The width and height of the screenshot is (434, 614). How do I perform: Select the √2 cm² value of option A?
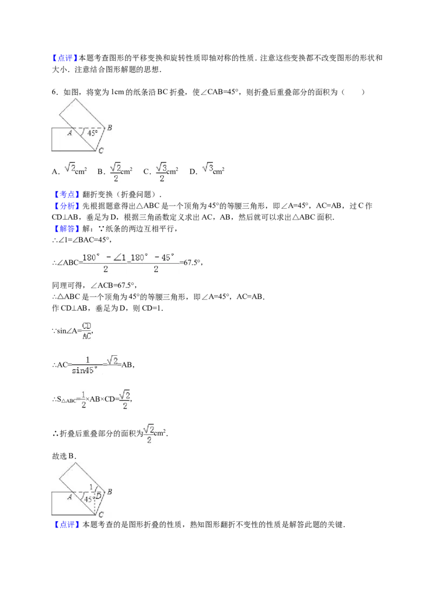coord(75,169)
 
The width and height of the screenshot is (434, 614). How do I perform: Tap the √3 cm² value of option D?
coord(213,169)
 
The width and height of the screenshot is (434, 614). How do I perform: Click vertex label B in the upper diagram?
coord(110,127)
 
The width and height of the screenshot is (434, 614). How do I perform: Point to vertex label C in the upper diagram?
coord(101,150)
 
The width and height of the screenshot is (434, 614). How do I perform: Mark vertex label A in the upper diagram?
coord(70,133)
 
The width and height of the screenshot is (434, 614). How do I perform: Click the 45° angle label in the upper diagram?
coord(92,133)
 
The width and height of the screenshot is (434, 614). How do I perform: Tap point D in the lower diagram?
coord(99,496)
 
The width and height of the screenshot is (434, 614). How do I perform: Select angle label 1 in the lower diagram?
coord(91,487)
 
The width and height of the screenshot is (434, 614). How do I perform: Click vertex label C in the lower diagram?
coord(101,515)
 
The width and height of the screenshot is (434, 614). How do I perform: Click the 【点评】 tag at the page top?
coord(65,59)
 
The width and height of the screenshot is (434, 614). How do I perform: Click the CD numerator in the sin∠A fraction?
coord(87,326)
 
